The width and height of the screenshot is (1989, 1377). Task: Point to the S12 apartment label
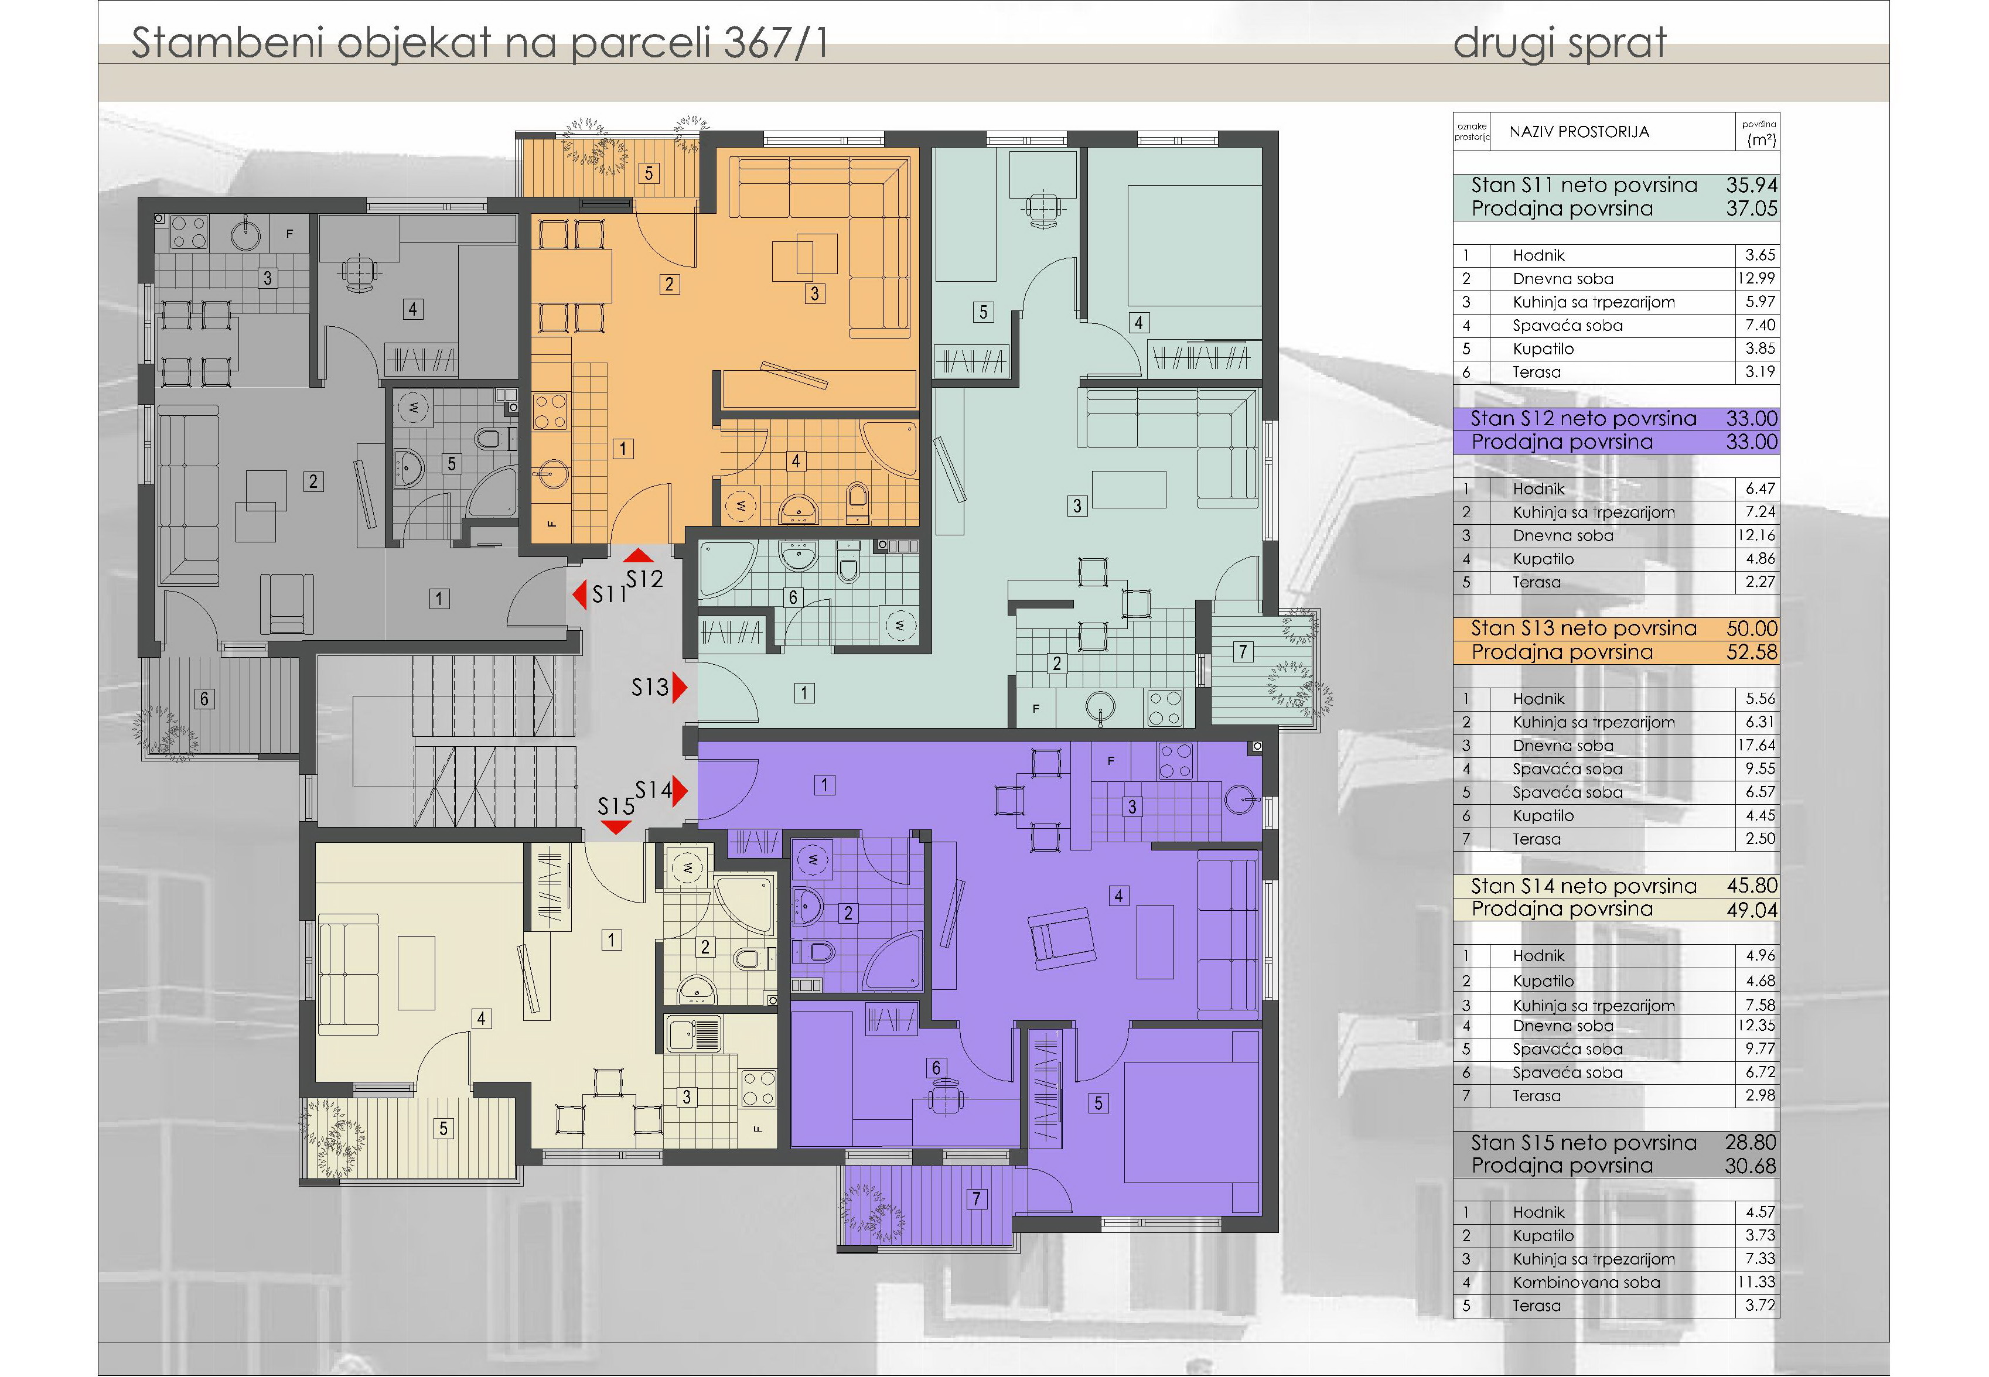(x=644, y=579)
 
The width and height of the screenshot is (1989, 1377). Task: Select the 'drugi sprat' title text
(x=1560, y=43)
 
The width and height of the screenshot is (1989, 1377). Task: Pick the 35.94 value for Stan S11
(x=1751, y=184)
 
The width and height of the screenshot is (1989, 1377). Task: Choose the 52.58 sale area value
(x=1751, y=652)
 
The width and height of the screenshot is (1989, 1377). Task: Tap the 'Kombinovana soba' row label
(x=1586, y=1282)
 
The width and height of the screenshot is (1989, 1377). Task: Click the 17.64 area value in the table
(x=1757, y=746)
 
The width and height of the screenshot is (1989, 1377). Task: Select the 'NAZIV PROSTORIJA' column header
(x=1579, y=132)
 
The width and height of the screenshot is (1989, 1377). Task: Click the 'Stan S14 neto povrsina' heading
(x=1584, y=886)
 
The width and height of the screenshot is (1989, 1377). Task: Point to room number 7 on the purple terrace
(x=976, y=1198)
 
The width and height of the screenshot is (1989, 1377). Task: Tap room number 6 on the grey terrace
(x=204, y=699)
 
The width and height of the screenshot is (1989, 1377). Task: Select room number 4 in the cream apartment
(x=480, y=1019)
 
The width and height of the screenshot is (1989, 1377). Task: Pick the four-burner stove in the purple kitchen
(x=1175, y=760)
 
